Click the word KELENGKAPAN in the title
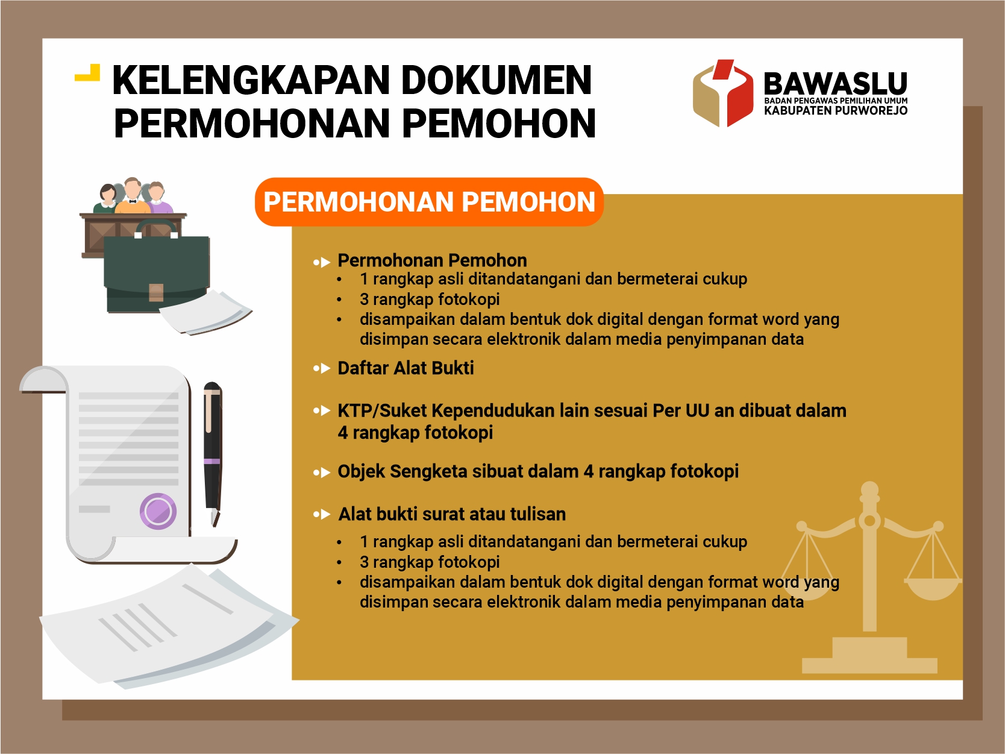[x=250, y=80]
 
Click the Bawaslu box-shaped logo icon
[x=723, y=92]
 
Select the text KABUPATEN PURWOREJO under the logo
[x=836, y=111]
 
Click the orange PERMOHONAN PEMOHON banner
[x=429, y=202]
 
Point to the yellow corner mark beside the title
[x=87, y=73]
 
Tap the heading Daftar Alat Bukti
[x=405, y=368]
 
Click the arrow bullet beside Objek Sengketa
[x=322, y=472]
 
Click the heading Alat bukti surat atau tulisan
[x=452, y=514]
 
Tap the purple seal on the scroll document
[x=158, y=511]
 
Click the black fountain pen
[x=213, y=453]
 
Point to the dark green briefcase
[x=157, y=273]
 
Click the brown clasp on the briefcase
[x=156, y=292]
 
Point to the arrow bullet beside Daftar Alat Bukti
[x=322, y=368]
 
